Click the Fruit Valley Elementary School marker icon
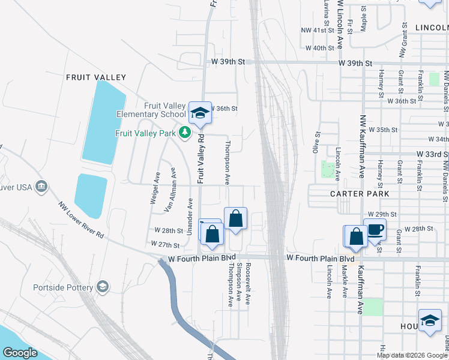pyautogui.click(x=200, y=112)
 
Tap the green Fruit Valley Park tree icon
pyautogui.click(x=185, y=133)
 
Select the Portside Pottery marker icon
pyautogui.click(x=103, y=287)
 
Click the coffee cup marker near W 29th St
pyautogui.click(x=375, y=230)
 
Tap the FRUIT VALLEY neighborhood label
pyautogui.click(x=96, y=77)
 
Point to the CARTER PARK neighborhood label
pyautogui.click(x=360, y=194)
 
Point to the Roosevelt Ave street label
pyautogui.click(x=247, y=284)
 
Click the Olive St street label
pyautogui.click(x=316, y=142)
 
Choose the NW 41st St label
pyautogui.click(x=318, y=30)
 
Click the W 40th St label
pyautogui.click(x=319, y=48)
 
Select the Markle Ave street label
pyautogui.click(x=345, y=283)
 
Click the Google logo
pyautogui.click(x=20, y=353)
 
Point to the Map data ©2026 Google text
pyautogui.click(x=412, y=355)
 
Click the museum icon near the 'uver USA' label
pyautogui.click(x=41, y=187)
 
